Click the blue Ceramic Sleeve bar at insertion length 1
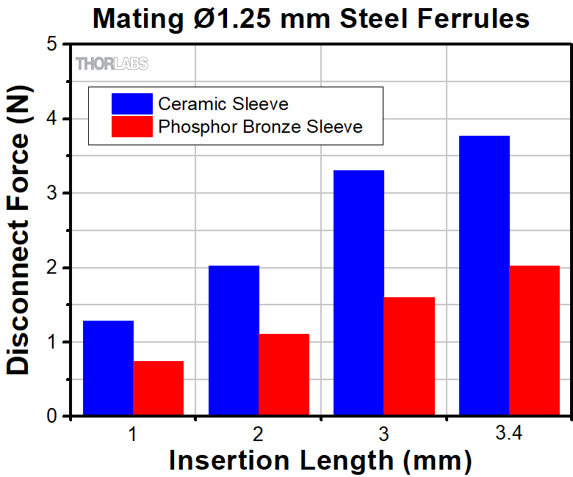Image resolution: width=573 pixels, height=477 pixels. (x=109, y=368)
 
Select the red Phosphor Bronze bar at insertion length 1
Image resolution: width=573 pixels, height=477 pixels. (x=159, y=388)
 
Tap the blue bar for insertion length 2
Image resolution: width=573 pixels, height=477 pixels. (x=234, y=341)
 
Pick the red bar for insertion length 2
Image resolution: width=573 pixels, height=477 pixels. (x=284, y=375)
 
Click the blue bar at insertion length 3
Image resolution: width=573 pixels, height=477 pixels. (x=358, y=293)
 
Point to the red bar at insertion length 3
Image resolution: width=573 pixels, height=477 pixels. (x=409, y=357)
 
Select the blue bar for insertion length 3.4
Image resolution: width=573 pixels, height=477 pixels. (x=484, y=276)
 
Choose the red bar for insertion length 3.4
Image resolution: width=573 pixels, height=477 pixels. (x=534, y=341)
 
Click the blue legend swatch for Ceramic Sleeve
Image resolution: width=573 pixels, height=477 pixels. (x=131, y=103)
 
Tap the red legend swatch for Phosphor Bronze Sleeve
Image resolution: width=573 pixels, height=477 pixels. (x=131, y=126)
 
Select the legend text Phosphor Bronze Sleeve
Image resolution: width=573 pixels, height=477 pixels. (x=260, y=126)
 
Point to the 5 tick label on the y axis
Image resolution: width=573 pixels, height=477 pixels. (x=52, y=45)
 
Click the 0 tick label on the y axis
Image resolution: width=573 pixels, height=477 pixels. (x=52, y=416)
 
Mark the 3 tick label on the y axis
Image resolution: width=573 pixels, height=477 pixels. (x=52, y=194)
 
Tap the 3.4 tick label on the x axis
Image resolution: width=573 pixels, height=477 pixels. (x=508, y=434)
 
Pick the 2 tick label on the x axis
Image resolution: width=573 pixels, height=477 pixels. (x=259, y=434)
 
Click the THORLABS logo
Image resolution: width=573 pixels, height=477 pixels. (x=112, y=64)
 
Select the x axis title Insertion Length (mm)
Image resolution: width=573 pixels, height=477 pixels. (x=320, y=460)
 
